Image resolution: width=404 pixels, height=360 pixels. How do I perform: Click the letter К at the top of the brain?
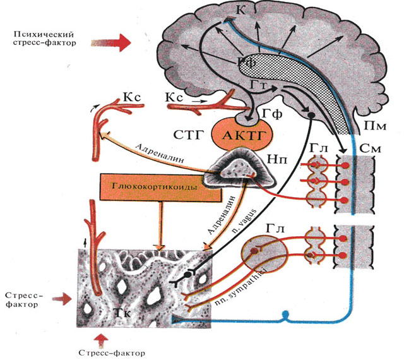[241, 9]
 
